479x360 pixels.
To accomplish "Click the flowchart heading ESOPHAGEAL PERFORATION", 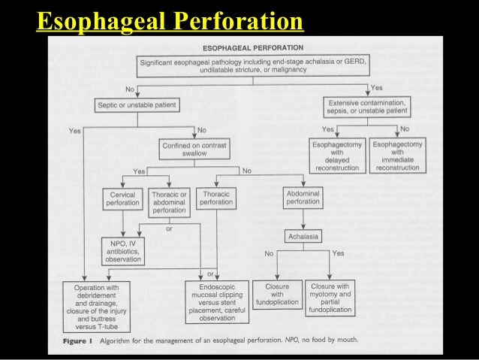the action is click(x=252, y=47).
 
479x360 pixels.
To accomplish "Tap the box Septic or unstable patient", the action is click(x=137, y=105).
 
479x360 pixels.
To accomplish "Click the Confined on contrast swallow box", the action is click(x=195, y=149).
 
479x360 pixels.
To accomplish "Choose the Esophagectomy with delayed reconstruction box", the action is click(x=337, y=154).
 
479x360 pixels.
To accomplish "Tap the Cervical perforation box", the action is click(x=122, y=198).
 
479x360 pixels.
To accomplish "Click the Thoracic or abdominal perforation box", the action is click(x=168, y=201).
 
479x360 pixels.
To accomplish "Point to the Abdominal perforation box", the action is click(x=303, y=198).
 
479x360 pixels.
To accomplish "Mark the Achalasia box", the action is click(x=303, y=237).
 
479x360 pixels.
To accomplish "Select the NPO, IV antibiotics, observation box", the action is click(x=122, y=250).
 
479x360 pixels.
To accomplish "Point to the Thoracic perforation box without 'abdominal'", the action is click(x=216, y=198).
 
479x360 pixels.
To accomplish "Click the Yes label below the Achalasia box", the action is click(x=338, y=253).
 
